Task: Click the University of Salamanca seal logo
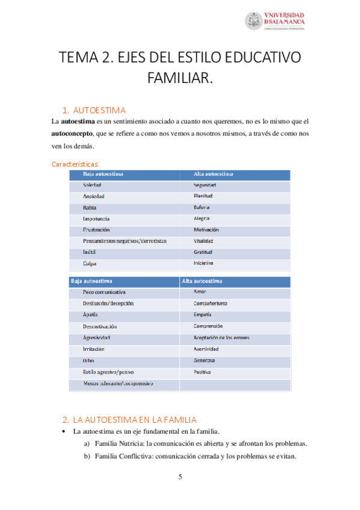click(x=254, y=21)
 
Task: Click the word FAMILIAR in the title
click(x=180, y=78)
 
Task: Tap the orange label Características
click(x=76, y=164)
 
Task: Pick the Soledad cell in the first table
click(x=92, y=185)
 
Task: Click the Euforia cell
click(x=202, y=207)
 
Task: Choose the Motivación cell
click(x=206, y=230)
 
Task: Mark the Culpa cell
click(x=90, y=263)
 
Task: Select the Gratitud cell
click(x=203, y=252)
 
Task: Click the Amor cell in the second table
click(x=200, y=292)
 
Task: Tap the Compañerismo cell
click(x=210, y=303)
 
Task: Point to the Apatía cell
click(x=91, y=315)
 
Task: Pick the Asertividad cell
click(x=206, y=349)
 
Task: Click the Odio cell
click(x=89, y=360)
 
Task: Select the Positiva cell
click(x=202, y=372)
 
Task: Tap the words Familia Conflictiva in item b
click(x=123, y=456)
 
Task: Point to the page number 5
click(x=180, y=478)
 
